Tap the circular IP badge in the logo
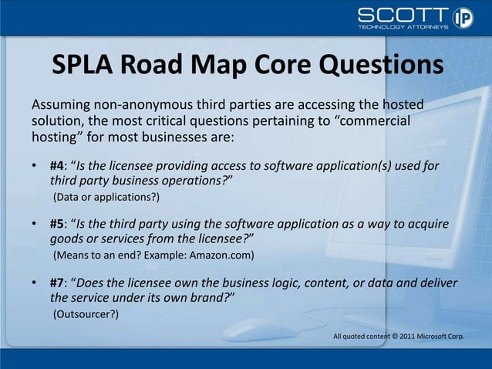pos(463,18)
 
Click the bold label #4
pos(58,166)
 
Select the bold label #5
pos(58,224)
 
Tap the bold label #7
pos(58,283)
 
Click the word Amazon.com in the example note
pos(225,254)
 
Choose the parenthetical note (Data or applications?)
pos(106,197)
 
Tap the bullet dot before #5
pos(35,225)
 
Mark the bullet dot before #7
pos(35,283)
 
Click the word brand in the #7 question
pos(203,297)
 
